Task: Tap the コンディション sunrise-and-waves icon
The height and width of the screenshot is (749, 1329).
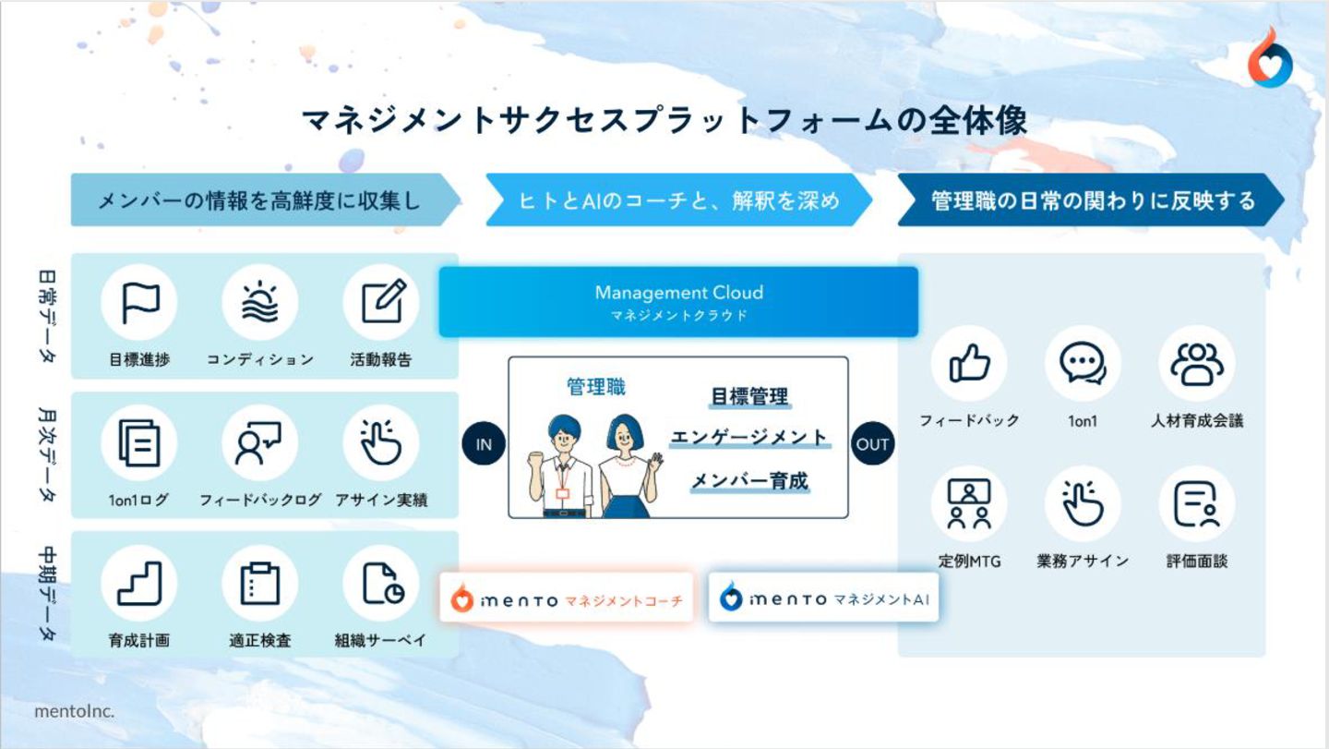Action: (x=260, y=302)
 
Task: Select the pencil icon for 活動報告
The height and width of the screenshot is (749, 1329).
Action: (x=381, y=302)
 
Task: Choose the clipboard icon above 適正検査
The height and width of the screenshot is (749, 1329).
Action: (x=260, y=583)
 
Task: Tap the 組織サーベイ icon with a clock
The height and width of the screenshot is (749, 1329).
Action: (x=381, y=583)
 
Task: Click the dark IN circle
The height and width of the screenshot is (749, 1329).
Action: (x=485, y=444)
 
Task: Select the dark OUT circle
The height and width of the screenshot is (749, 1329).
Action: (x=872, y=444)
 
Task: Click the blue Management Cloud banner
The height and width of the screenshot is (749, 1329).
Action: (x=678, y=301)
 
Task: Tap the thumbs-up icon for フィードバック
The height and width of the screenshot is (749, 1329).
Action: (x=969, y=363)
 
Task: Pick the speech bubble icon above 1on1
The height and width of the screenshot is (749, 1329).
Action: (x=1083, y=363)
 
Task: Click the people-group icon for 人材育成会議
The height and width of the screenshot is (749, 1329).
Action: (x=1196, y=363)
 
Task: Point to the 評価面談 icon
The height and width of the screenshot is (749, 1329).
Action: (x=1196, y=503)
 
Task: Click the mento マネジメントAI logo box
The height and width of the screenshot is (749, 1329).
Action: (x=824, y=598)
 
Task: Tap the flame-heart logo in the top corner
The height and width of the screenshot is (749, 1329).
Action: (x=1271, y=61)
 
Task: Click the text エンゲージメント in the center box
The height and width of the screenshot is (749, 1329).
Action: (x=748, y=438)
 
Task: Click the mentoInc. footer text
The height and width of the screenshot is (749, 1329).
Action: (x=75, y=711)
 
